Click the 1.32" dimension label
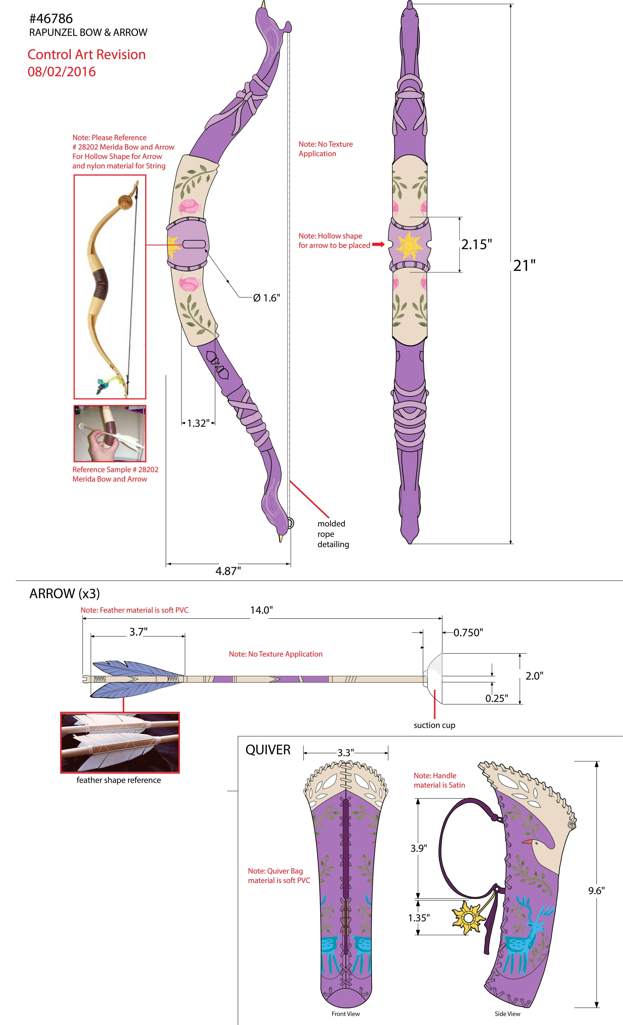point(198,423)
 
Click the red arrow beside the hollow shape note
point(378,245)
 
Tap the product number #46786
point(51,18)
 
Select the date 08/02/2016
point(62,72)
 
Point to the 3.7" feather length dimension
point(138,632)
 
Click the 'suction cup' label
point(434,725)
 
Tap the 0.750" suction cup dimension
point(468,633)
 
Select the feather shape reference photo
point(120,743)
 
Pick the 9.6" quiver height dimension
point(596,891)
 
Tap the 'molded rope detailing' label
point(333,534)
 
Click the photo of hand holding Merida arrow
point(110,433)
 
